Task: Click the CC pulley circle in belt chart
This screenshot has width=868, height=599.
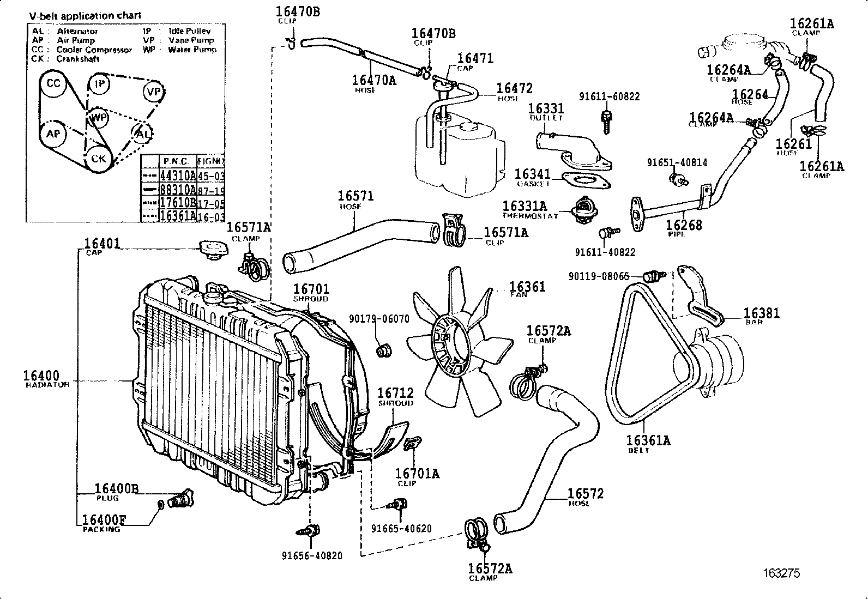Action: (x=53, y=83)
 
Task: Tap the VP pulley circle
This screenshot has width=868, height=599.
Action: (x=154, y=92)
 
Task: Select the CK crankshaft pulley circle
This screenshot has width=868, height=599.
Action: (x=98, y=159)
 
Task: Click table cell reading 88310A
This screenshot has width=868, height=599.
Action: (x=177, y=189)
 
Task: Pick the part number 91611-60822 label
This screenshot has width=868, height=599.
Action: (x=609, y=96)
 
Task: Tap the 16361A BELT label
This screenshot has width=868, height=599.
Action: (x=648, y=440)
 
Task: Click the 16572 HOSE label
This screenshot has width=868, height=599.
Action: (x=585, y=494)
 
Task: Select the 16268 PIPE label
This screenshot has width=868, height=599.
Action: (x=684, y=225)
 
